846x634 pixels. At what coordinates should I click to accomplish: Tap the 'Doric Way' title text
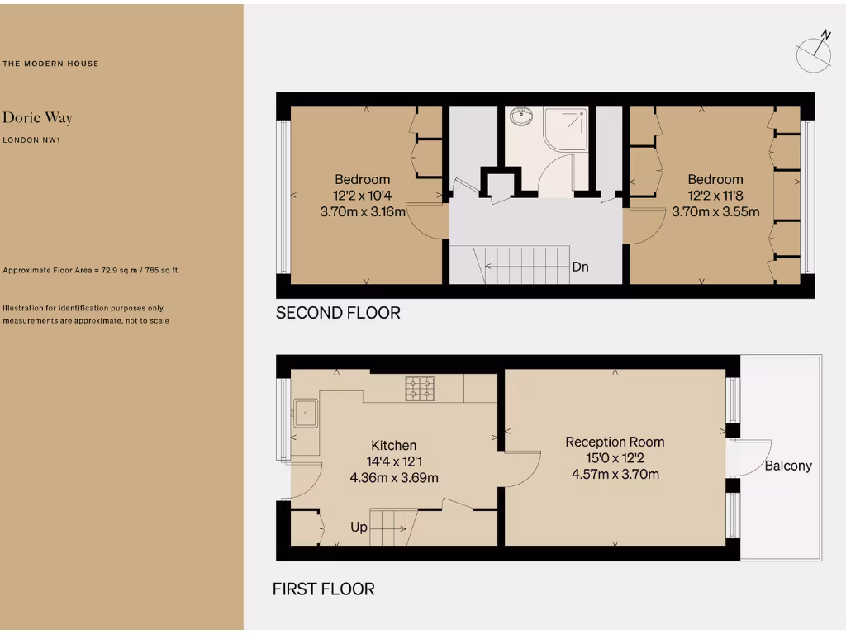tap(37, 118)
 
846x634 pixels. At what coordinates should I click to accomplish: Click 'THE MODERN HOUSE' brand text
tap(50, 64)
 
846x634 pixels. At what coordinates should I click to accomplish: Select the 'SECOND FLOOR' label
tap(338, 313)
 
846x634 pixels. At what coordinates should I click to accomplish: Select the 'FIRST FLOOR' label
tap(323, 589)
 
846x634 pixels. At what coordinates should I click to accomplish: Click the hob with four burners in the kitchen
tap(420, 388)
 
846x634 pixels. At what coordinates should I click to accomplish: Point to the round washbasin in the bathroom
tap(522, 119)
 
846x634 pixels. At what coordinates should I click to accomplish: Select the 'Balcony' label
tap(787, 466)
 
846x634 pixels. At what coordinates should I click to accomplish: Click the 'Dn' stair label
tap(580, 267)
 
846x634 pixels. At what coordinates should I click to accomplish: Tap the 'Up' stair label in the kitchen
tap(359, 527)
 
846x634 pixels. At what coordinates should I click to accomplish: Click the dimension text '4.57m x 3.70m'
tap(615, 474)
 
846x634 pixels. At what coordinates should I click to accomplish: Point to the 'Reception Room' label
tap(615, 442)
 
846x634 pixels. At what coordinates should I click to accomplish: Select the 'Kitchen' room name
tap(393, 445)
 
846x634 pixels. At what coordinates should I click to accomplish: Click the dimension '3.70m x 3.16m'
tap(362, 211)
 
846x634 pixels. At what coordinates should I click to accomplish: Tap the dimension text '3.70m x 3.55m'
tap(715, 211)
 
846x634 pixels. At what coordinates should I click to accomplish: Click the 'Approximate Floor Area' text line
tap(91, 270)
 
